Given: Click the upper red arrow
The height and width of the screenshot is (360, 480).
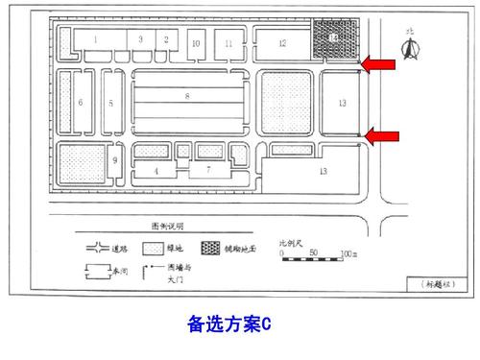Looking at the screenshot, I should pos(380,64).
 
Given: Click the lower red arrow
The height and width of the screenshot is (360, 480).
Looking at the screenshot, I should pos(380,137).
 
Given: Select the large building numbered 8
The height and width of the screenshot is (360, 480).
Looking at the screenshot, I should pos(188,97).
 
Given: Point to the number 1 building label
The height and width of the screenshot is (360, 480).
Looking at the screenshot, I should pos(96,38).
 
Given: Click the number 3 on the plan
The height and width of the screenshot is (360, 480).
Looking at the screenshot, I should pos(141,38).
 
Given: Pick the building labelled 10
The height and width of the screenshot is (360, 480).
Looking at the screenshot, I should pos(195,44).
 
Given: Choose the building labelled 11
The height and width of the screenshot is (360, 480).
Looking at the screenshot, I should pos(229,44).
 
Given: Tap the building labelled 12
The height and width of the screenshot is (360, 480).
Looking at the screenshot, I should pos(282,43).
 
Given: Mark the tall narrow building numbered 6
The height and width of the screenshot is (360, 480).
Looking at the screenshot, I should pos(81,102).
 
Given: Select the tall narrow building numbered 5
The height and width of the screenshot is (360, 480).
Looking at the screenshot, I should pos(110,102).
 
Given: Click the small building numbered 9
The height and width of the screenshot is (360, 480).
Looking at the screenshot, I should pos(114,160).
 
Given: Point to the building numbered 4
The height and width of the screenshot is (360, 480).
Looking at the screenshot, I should pos(156,171).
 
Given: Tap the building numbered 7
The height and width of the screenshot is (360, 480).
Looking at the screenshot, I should pos(206,170).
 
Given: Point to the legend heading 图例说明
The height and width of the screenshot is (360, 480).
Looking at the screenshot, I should pos(168,227).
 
